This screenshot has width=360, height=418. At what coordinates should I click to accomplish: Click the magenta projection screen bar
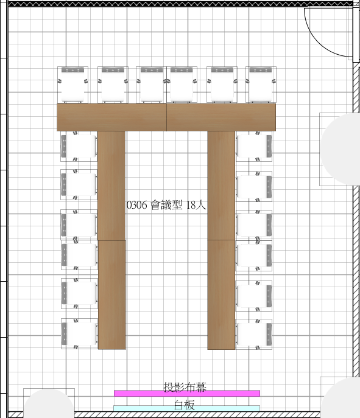187,393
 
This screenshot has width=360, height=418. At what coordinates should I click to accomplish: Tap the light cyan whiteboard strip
186,408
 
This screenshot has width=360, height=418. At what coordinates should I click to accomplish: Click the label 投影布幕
185,387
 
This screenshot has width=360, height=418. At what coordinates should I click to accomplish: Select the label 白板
184,405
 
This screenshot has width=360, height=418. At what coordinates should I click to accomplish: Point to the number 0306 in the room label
136,205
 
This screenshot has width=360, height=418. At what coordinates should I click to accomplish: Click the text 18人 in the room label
196,204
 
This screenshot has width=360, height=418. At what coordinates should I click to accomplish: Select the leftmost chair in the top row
73,85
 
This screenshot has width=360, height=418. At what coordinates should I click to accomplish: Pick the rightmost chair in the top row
261,85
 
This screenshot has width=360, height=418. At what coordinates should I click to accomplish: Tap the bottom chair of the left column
79,333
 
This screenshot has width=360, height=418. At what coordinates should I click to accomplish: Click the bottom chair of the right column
254,334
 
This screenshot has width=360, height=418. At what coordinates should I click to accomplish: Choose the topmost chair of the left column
79,146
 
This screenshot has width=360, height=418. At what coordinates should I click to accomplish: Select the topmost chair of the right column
254,146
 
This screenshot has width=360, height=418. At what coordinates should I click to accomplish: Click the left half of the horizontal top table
111,117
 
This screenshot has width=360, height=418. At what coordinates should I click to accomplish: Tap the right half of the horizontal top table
221,117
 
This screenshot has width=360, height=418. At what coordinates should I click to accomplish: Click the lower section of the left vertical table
112,294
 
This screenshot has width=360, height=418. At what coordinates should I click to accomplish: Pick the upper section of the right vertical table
221,186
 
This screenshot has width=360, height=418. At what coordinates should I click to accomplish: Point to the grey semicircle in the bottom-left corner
49,403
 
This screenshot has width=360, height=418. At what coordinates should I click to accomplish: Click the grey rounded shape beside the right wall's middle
341,149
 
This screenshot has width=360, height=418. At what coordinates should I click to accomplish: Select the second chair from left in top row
113,85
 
